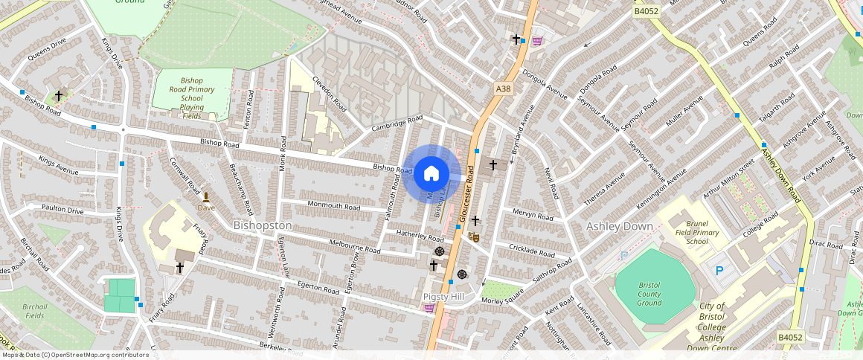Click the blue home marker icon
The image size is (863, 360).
click(431, 174)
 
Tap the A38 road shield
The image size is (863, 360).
click(504, 89)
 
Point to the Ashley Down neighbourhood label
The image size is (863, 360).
click(619, 226)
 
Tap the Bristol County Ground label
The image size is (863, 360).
click(649, 294)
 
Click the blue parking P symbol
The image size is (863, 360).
click(719, 271)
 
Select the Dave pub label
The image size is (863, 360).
click(206, 208)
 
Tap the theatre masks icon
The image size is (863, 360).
click(472, 237)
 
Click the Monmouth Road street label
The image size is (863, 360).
click(333, 206)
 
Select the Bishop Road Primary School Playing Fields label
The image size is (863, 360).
click(192, 98)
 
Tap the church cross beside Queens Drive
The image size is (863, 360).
click(58, 96)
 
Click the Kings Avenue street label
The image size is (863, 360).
click(58, 170)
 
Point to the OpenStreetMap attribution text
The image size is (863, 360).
click(75, 355)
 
